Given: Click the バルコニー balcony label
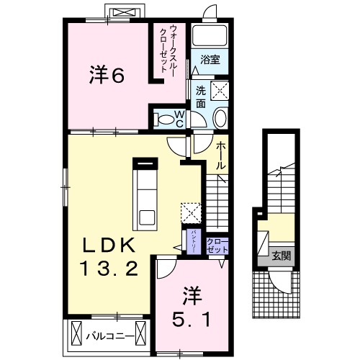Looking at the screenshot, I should pyautogui.click(x=108, y=336).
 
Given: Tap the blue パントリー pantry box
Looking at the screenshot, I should pyautogui.click(x=194, y=240).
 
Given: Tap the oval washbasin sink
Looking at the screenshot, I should pyautogui.click(x=220, y=120).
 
